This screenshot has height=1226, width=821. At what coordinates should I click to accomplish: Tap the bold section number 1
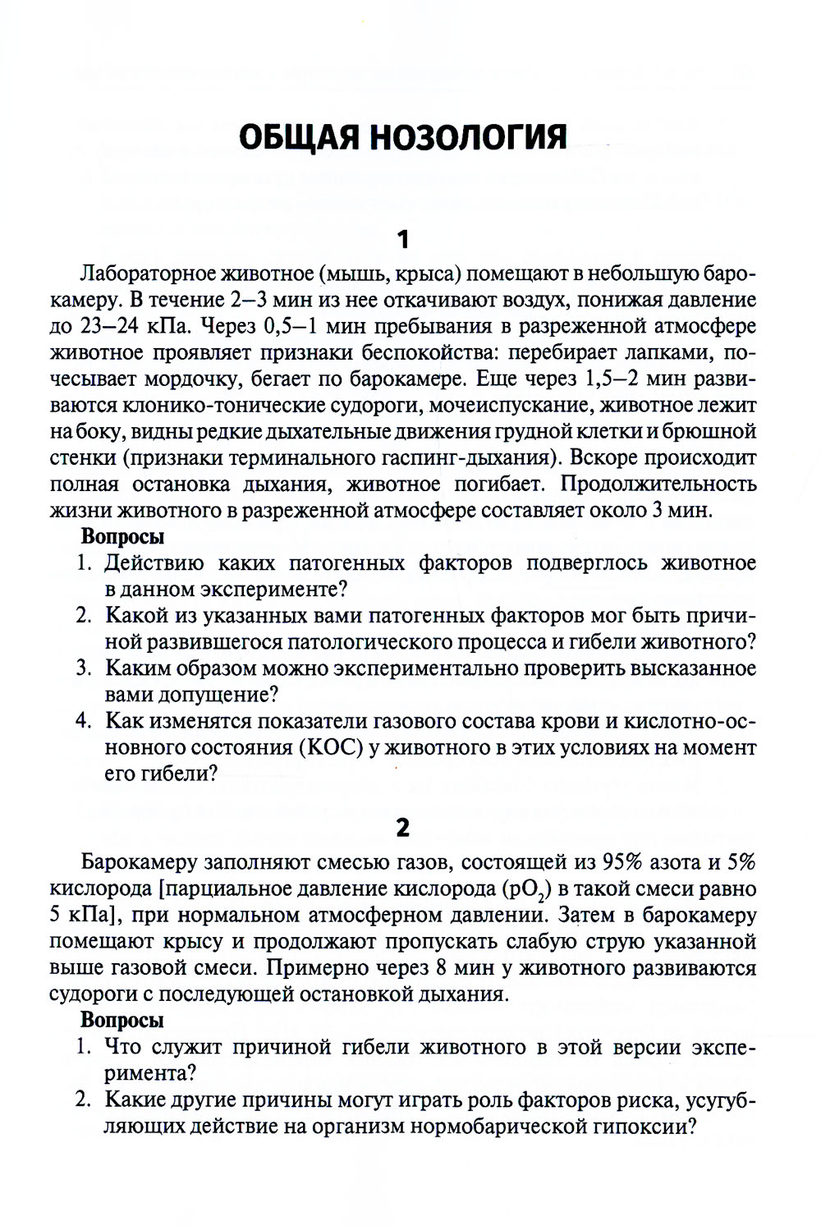[x=402, y=240]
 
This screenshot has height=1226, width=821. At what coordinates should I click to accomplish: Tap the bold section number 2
[x=402, y=828]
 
